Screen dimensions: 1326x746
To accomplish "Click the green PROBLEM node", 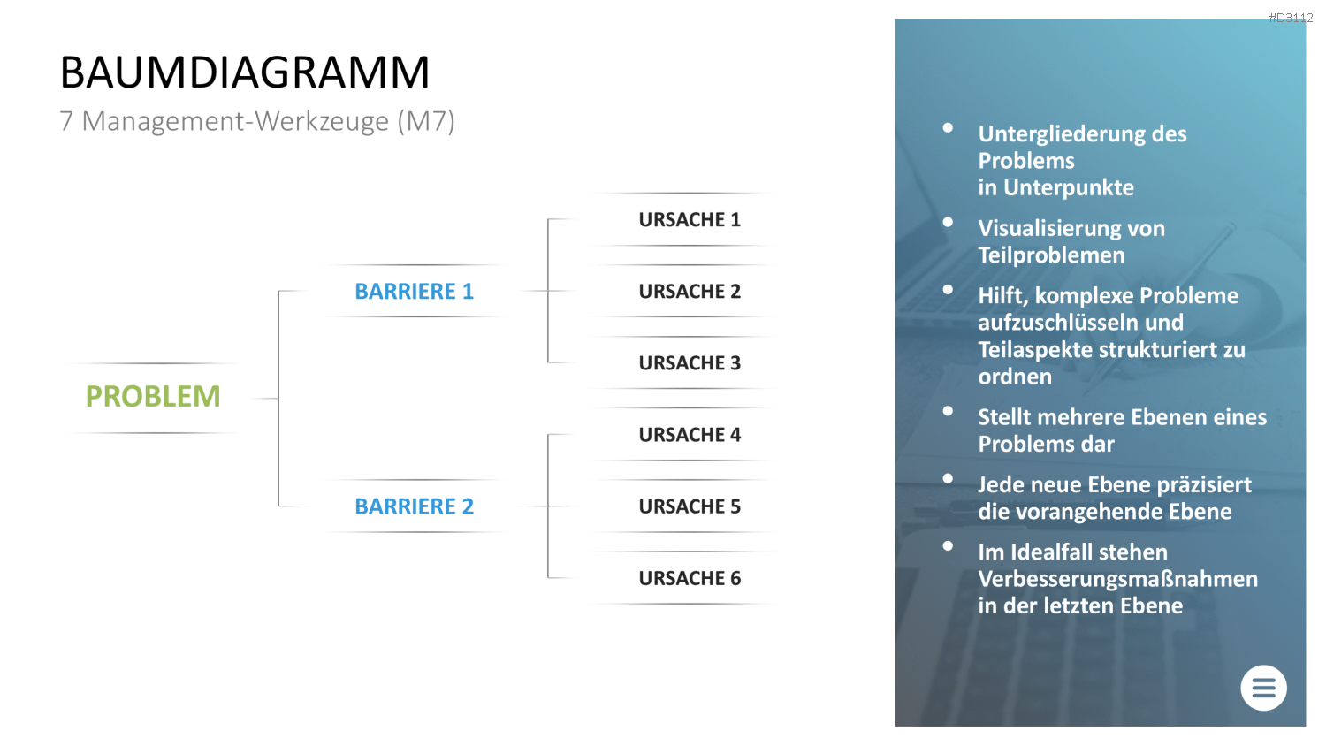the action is (153, 397).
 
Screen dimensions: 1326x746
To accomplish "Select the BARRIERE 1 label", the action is (415, 292).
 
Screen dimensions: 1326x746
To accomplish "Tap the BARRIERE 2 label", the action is (415, 506).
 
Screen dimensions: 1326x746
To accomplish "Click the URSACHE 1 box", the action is (690, 220).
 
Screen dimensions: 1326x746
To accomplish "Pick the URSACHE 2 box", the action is (690, 292).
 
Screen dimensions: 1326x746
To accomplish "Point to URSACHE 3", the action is (690, 363).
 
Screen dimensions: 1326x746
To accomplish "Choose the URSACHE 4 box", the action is (690, 435).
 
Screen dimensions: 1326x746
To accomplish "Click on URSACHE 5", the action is (690, 506).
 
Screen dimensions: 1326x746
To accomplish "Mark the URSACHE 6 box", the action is (690, 578).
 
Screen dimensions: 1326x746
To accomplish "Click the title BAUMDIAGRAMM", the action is (245, 72).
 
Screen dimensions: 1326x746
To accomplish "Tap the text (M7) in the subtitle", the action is (426, 121).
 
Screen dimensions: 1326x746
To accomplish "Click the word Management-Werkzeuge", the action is (236, 121).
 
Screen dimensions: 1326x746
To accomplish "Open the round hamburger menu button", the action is (1263, 688).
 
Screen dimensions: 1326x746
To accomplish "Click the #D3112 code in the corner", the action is (1291, 18).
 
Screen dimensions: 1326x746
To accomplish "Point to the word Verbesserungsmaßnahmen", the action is (1117, 579).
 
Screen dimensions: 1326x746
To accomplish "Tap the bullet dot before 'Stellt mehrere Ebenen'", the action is (948, 411).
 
